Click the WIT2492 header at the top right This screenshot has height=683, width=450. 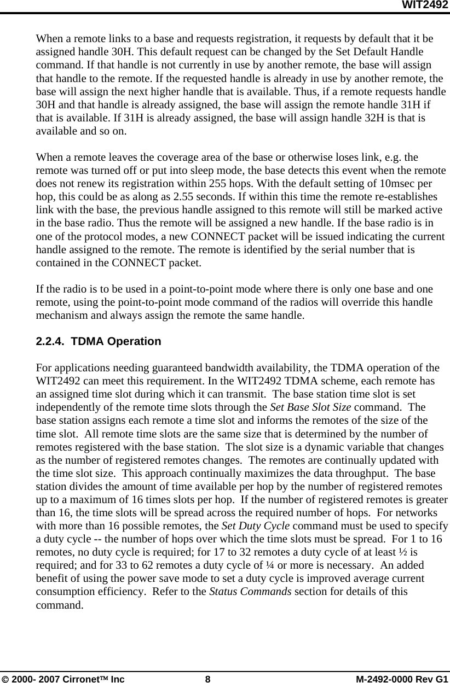[x=425, y=5]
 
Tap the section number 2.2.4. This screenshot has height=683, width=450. [x=50, y=342]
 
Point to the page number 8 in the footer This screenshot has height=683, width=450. [x=207, y=679]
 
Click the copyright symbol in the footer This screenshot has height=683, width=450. [x=5, y=679]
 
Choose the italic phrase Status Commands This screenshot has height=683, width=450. [x=250, y=591]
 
